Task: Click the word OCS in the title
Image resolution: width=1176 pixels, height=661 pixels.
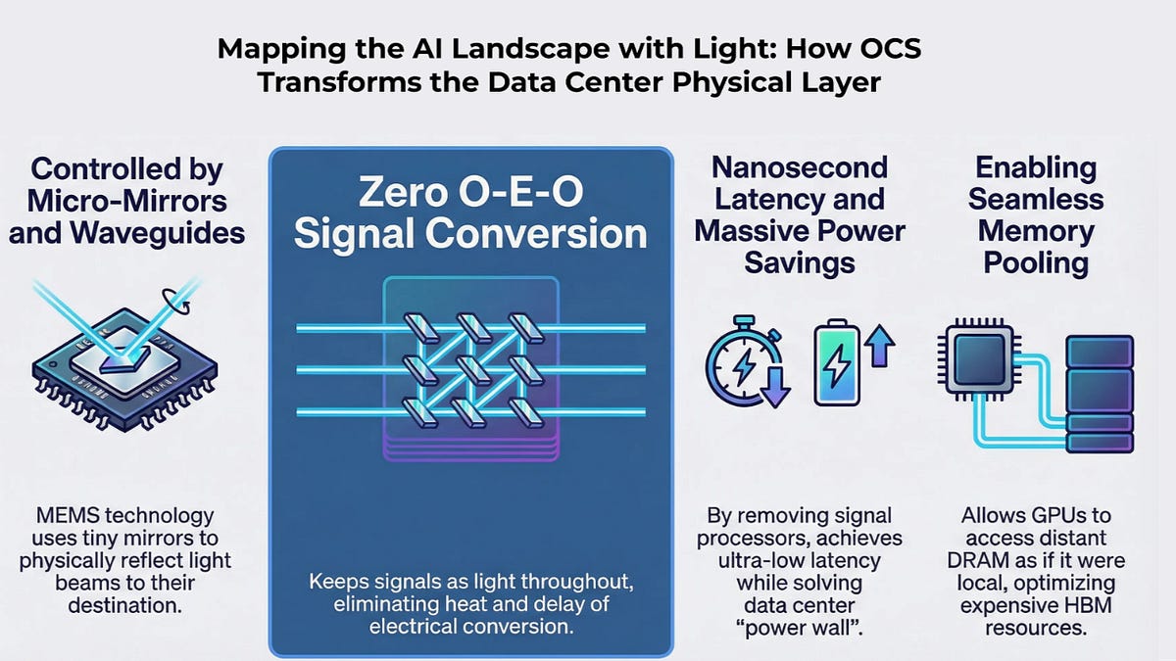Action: [890, 49]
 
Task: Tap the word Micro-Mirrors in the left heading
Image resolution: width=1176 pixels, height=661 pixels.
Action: [127, 201]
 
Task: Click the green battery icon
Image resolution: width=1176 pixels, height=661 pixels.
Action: [837, 362]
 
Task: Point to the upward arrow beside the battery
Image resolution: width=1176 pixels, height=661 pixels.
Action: [879, 345]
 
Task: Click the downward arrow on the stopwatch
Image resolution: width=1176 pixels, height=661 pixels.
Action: [775, 387]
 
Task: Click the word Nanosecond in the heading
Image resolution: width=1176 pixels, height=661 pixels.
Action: [800, 167]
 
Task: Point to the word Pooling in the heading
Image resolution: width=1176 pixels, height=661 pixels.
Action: [1036, 262]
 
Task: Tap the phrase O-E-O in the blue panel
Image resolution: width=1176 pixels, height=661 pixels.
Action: [520, 192]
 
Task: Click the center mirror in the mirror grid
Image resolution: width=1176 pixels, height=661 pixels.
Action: [471, 369]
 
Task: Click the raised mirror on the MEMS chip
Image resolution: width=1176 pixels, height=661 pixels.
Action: [125, 360]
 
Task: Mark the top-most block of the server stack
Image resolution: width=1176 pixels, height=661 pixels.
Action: [1100, 352]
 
